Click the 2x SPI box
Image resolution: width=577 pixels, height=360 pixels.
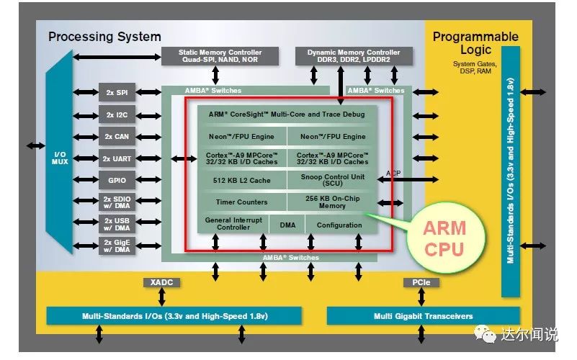point(117,93)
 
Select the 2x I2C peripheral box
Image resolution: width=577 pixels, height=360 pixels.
point(117,114)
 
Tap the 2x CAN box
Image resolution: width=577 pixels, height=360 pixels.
point(117,136)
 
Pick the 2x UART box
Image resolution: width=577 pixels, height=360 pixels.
point(117,158)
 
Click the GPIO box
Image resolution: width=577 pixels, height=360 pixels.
point(117,180)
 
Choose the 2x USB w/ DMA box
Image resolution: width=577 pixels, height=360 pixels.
point(117,225)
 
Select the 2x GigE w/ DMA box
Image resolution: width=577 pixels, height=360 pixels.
point(117,246)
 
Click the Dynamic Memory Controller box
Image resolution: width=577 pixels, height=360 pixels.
point(354,57)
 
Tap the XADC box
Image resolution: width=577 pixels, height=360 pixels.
point(161,282)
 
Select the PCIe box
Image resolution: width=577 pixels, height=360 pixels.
point(421,282)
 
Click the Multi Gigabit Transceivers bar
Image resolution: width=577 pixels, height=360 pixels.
point(424,316)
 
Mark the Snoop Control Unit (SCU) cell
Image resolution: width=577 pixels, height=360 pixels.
point(332,180)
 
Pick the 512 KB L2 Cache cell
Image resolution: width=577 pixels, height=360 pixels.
point(242,180)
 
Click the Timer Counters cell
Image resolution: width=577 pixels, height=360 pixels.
point(242,202)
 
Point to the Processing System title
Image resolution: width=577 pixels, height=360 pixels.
point(105,37)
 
